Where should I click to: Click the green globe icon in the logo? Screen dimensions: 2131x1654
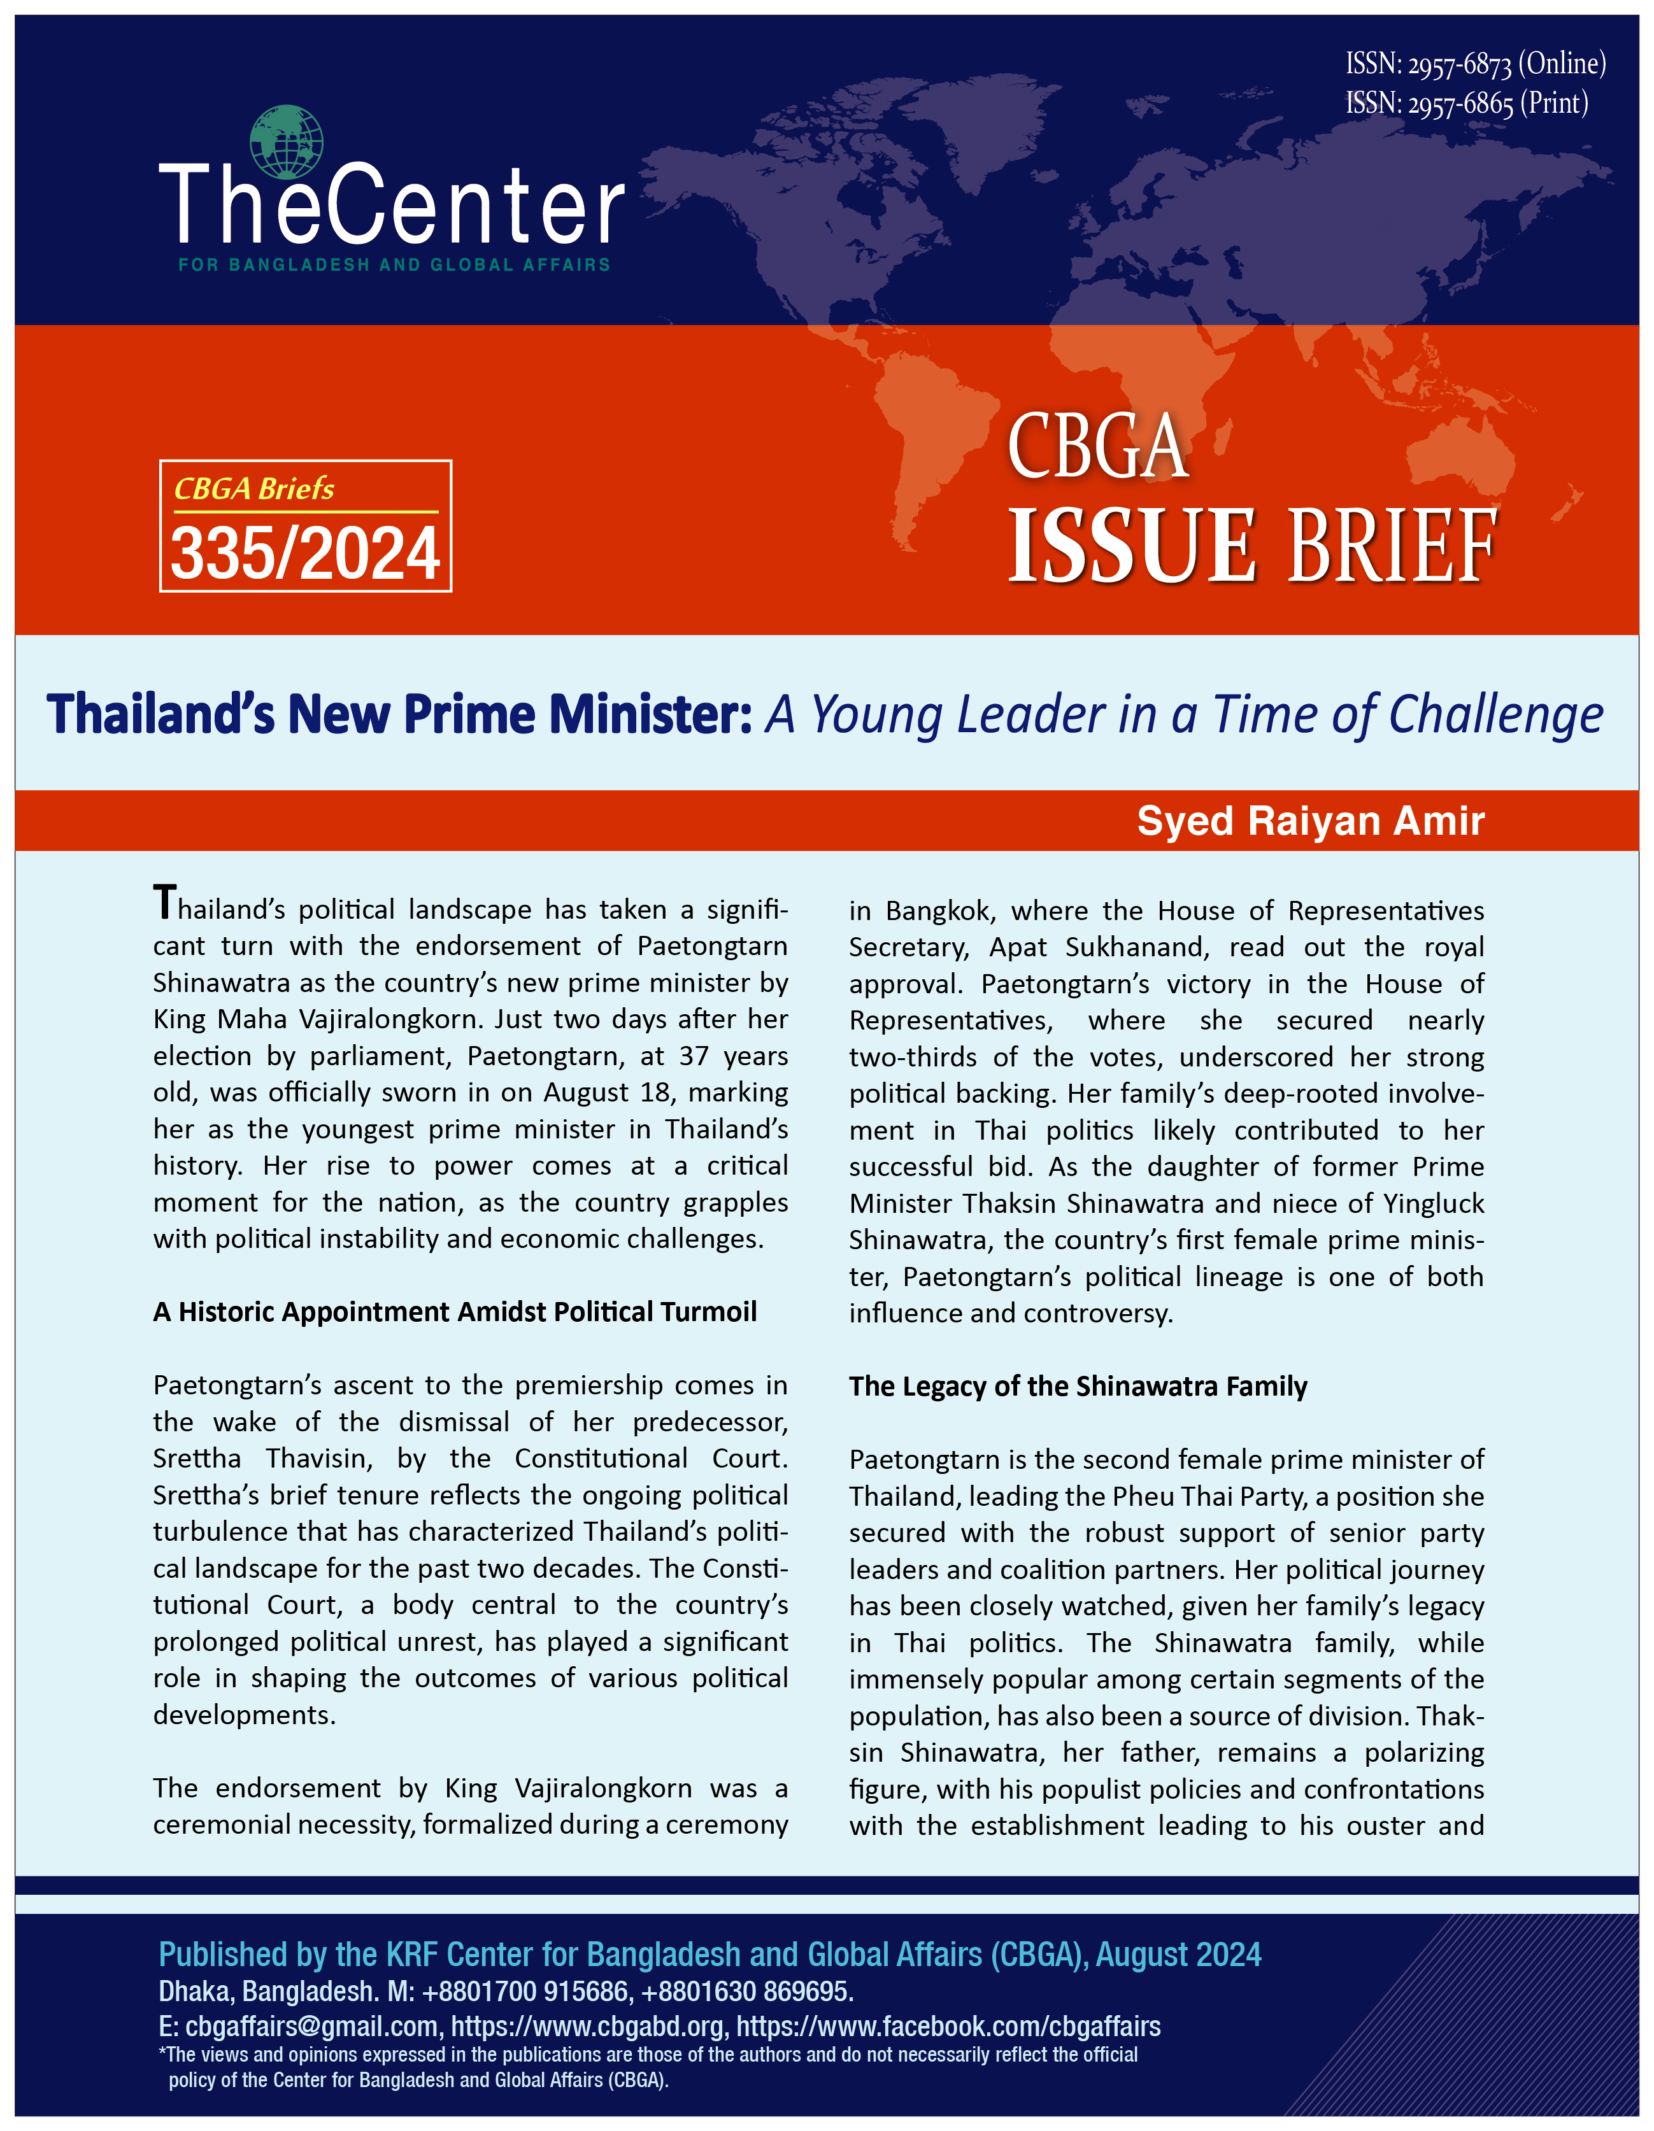pyautogui.click(x=286, y=141)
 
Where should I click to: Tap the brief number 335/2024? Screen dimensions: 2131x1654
pyautogui.click(x=306, y=553)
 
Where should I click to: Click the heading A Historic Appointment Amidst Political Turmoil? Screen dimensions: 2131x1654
pyautogui.click(x=455, y=1312)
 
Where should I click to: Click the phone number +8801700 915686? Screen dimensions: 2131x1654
pyautogui.click(x=524, y=1990)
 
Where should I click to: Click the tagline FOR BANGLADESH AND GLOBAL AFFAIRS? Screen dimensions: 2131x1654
pyautogui.click(x=394, y=264)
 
